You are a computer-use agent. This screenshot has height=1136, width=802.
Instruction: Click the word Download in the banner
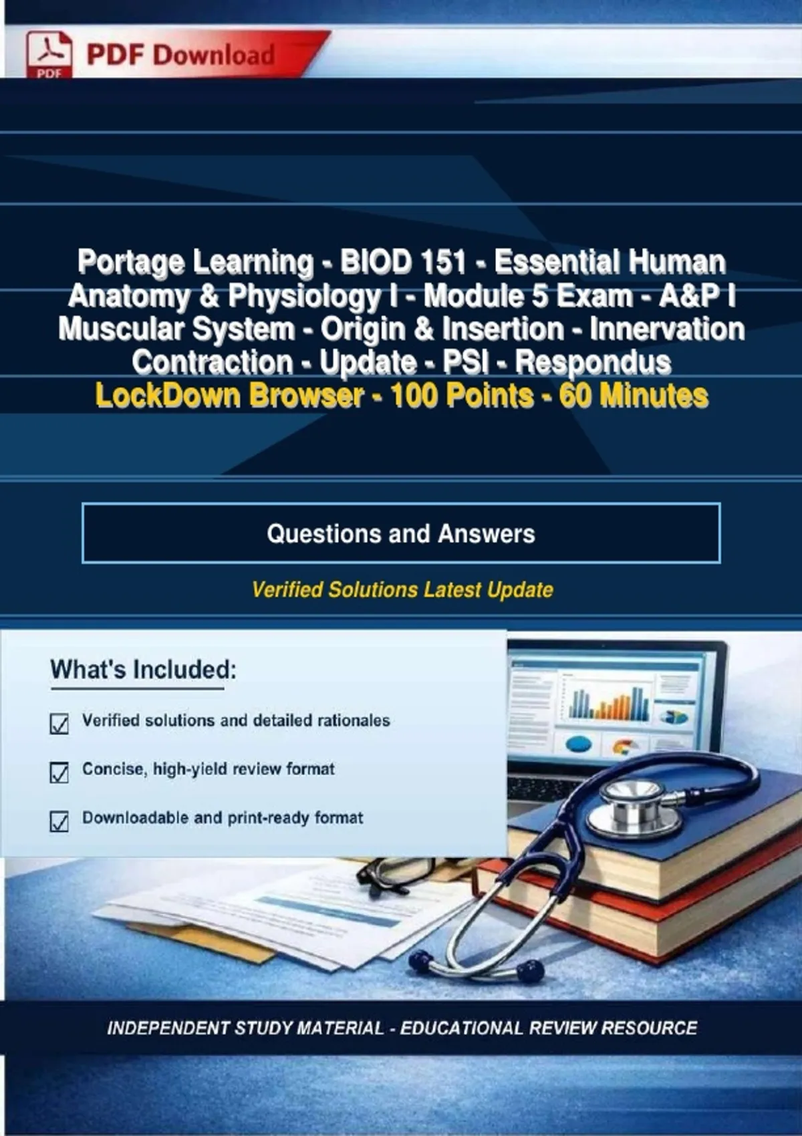pos(214,55)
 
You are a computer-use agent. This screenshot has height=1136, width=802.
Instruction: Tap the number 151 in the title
pos(441,262)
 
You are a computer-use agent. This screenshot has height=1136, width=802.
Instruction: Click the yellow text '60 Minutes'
pos(634,396)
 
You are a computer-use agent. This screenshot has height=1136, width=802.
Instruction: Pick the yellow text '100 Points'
pos(462,396)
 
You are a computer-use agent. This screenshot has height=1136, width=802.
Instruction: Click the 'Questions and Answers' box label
pos(401,533)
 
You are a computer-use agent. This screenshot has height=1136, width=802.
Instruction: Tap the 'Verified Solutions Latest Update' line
pos(402,590)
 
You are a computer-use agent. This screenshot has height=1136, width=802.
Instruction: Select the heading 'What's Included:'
pos(143,670)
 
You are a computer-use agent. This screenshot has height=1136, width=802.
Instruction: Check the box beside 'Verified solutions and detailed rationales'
pos(59,724)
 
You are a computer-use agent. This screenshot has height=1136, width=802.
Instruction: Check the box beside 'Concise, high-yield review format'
pos(59,772)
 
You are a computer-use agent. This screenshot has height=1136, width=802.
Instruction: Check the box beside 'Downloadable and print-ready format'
pos(59,821)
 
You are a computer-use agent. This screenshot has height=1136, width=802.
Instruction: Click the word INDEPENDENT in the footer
pos(170,1028)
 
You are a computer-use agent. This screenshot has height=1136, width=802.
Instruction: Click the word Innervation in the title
pos(667,329)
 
